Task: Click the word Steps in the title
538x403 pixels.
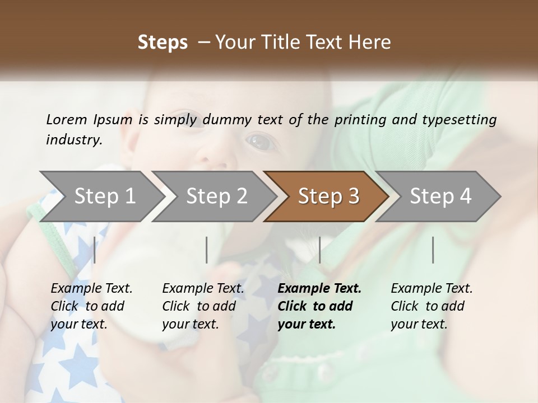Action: (x=163, y=43)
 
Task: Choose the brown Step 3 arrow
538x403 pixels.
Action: (x=328, y=196)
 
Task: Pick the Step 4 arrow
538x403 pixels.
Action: (x=440, y=196)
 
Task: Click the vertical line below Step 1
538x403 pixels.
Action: (x=95, y=250)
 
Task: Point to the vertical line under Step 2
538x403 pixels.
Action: (x=207, y=250)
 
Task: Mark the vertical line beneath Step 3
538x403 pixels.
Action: (x=319, y=250)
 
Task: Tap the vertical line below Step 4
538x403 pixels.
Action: (x=433, y=250)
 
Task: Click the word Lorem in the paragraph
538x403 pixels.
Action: (x=67, y=119)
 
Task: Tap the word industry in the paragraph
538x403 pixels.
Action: (x=74, y=139)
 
